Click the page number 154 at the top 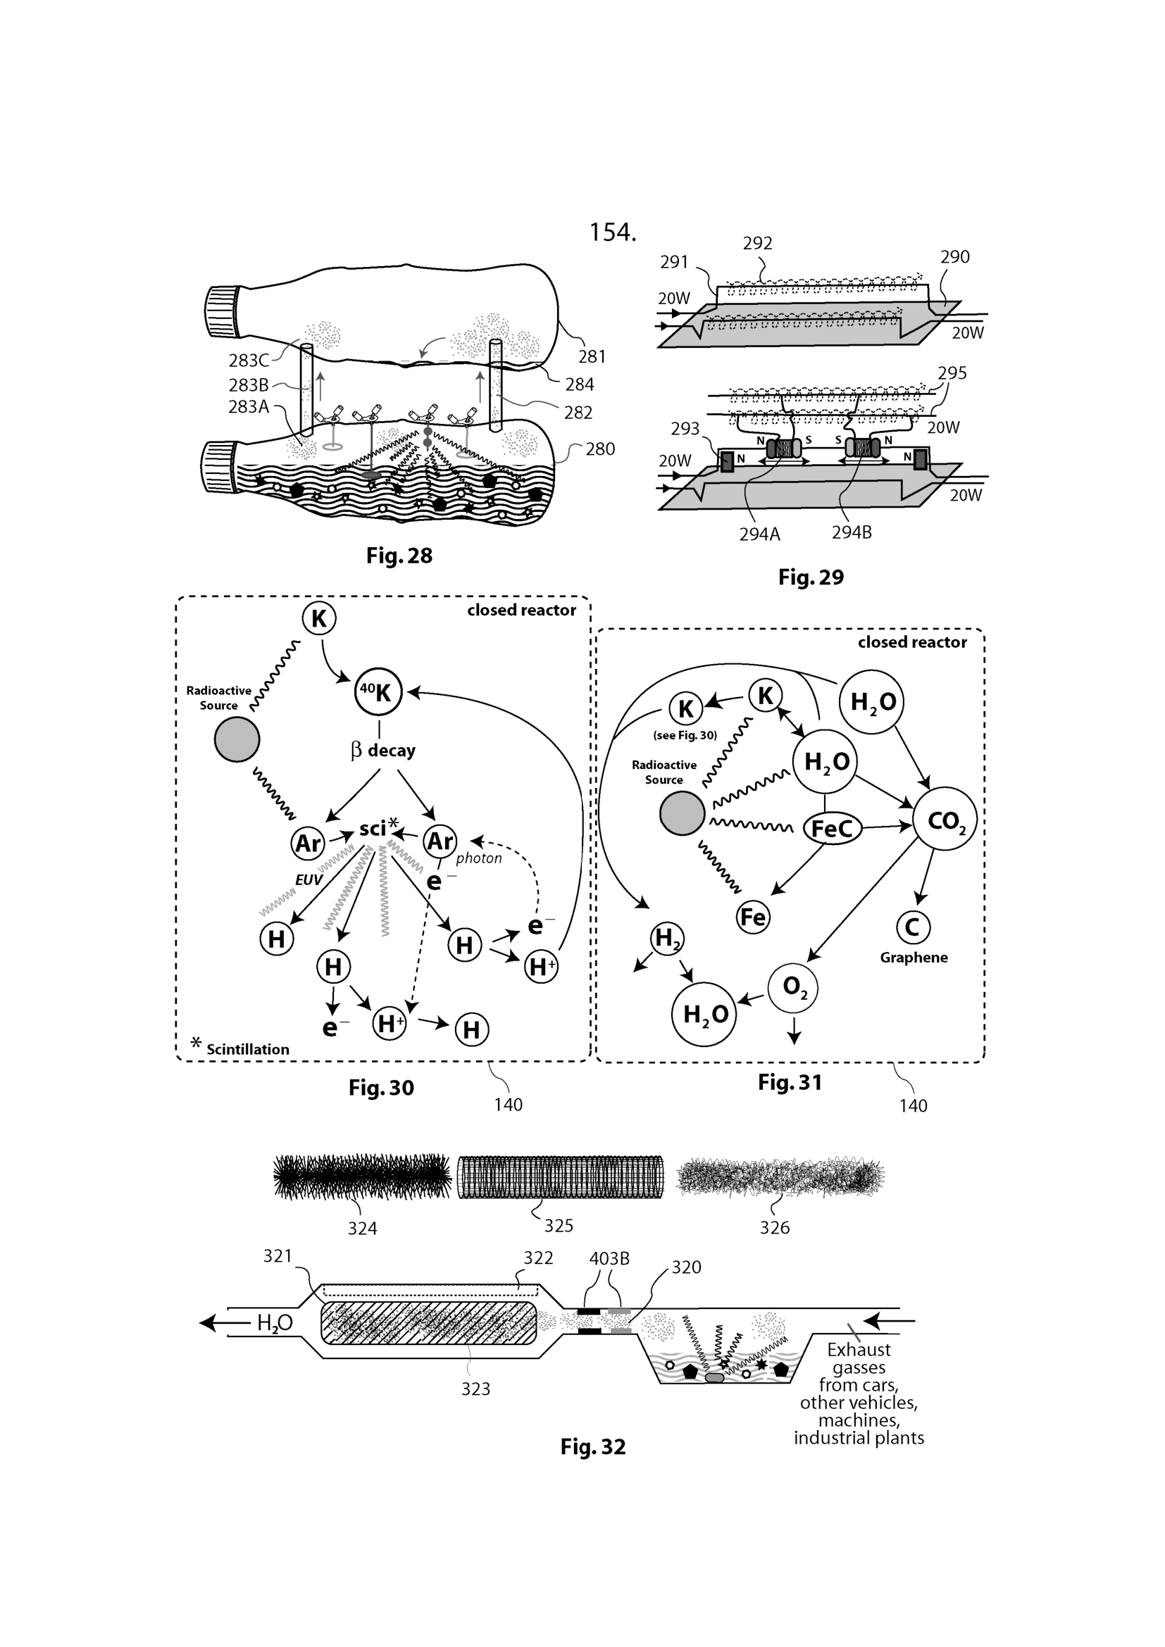coord(612,232)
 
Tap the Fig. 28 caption coord(399,556)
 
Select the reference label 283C coord(248,360)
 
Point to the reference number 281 coord(592,356)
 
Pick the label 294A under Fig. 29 coord(760,534)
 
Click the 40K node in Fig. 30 coord(378,692)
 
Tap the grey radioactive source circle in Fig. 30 coord(237,739)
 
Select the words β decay coord(383,751)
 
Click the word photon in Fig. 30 coord(478,858)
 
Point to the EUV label coord(309,879)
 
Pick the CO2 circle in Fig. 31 coord(945,819)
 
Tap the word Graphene coord(914,958)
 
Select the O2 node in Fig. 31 coord(792,988)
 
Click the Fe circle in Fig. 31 coord(752,917)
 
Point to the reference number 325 coord(558,1225)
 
